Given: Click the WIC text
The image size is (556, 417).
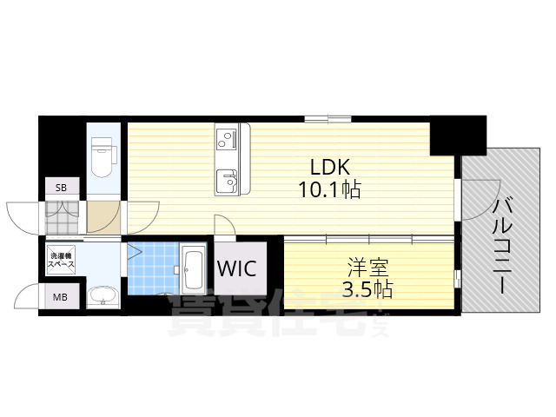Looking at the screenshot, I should tap(236, 268).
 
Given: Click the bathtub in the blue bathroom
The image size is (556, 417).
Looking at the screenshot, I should tap(193, 272).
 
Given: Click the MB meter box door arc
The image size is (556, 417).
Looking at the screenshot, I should tap(29, 295).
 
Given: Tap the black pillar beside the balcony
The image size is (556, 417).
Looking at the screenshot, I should tap(459, 134).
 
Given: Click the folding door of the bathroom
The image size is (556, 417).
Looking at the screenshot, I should tap(133, 255).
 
